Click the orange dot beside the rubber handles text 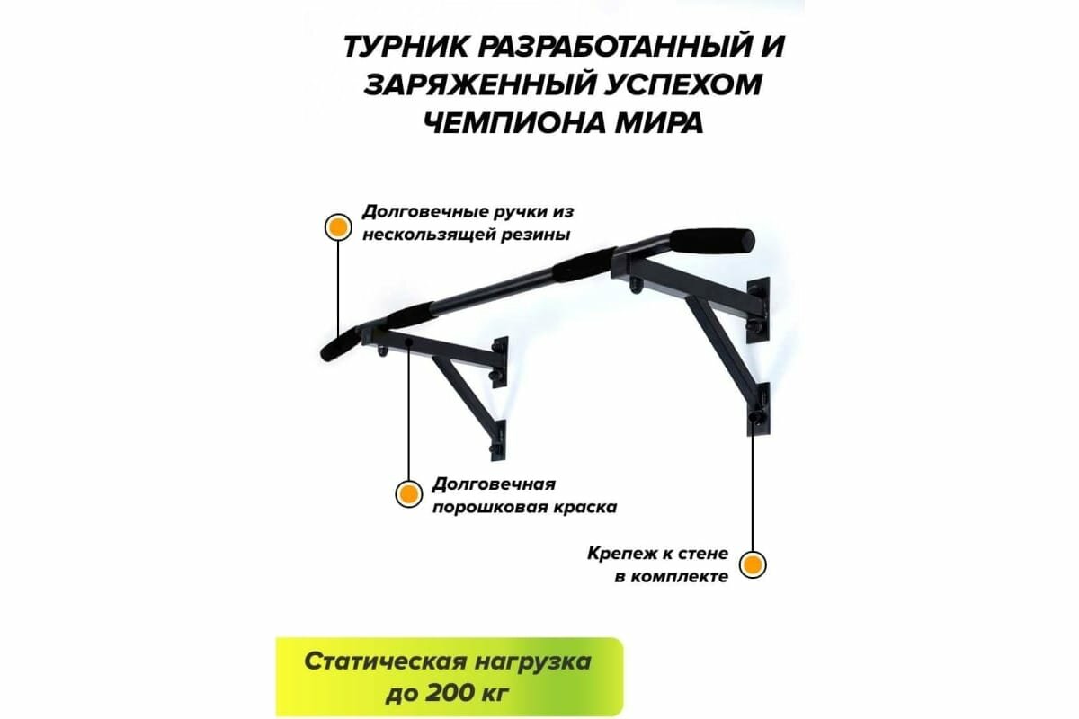click(x=337, y=226)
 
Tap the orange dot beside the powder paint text click(x=408, y=493)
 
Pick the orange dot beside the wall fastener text click(x=753, y=564)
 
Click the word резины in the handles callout click(x=537, y=235)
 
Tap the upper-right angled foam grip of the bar click(x=711, y=241)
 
